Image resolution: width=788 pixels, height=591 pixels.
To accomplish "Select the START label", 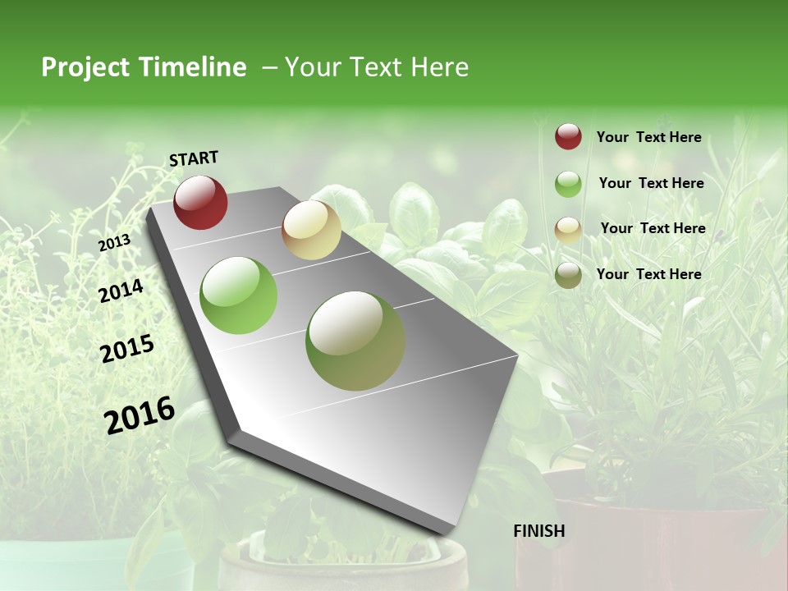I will click(x=194, y=158).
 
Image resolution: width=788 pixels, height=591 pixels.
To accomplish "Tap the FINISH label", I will click(x=539, y=531).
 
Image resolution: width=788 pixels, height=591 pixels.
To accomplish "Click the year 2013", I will click(x=114, y=243).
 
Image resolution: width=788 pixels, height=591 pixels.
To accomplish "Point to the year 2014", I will click(x=121, y=291).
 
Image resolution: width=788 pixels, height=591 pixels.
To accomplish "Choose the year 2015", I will click(x=127, y=349).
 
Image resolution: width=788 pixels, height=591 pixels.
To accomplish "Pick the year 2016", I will click(x=140, y=415).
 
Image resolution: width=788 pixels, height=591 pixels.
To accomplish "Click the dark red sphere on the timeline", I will click(x=200, y=202).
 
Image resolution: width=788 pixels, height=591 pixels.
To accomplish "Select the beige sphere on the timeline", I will click(x=311, y=230).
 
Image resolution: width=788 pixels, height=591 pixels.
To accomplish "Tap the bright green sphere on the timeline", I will click(x=239, y=295).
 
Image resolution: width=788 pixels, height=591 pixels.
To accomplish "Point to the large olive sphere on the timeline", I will click(x=355, y=341).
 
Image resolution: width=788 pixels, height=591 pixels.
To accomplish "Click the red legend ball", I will click(x=568, y=136).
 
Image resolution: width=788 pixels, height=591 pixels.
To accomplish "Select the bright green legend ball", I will click(x=568, y=184).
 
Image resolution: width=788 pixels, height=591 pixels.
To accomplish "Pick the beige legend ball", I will click(x=568, y=229).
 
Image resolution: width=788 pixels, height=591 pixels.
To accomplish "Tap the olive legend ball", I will click(x=568, y=275).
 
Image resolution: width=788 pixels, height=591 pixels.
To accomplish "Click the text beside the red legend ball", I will click(x=649, y=137).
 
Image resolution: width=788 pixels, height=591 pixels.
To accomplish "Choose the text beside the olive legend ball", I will click(x=649, y=274).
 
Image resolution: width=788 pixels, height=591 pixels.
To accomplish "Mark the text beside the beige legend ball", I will click(x=653, y=228).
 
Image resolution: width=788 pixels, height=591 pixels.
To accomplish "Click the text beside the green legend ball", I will click(x=652, y=183).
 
